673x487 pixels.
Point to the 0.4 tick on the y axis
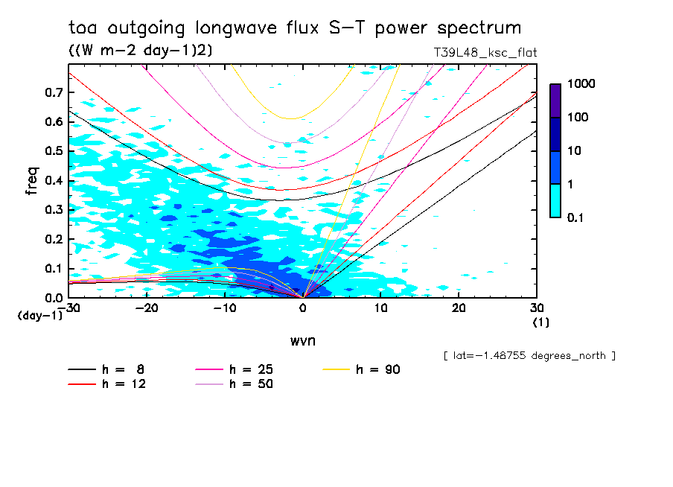[x=54, y=181]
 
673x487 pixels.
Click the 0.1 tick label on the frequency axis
[x=54, y=269]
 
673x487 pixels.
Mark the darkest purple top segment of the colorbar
[x=555, y=101]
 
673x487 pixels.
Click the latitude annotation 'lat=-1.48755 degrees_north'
[x=529, y=355]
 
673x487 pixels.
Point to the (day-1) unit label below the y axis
[x=40, y=316]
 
